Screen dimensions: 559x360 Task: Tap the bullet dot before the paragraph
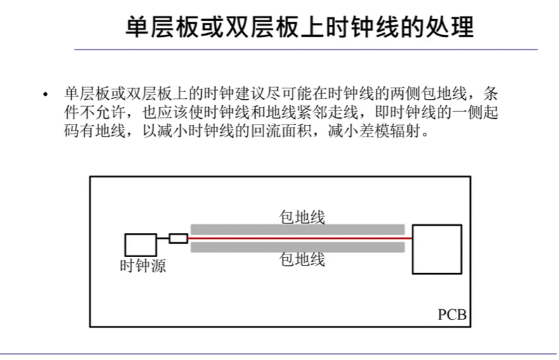tap(45, 95)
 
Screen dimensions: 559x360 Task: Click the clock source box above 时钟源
tap(140, 244)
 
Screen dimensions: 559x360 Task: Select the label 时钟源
tap(143, 266)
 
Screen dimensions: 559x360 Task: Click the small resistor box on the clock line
tap(178, 238)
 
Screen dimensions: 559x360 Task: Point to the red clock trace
tap(298, 238)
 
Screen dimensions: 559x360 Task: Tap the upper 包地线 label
tap(302, 217)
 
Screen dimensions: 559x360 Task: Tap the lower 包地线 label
tap(302, 259)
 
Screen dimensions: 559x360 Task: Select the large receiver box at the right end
tap(436, 249)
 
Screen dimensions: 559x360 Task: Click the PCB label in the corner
tap(452, 315)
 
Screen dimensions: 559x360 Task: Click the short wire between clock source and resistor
tap(162, 238)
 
